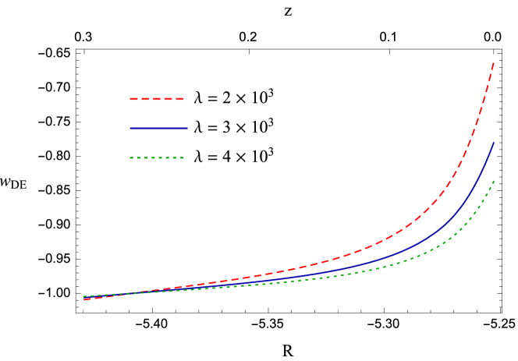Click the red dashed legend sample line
point(156,99)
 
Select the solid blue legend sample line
point(158,128)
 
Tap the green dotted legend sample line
point(156,157)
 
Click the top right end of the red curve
point(494,62)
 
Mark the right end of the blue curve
point(494,143)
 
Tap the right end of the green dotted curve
point(494,181)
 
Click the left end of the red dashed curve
point(84,299)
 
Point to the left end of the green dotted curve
point(84,296)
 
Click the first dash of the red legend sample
point(133,99)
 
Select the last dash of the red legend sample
point(179,99)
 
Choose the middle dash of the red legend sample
point(156,99)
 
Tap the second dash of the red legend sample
point(145,99)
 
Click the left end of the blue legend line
point(130,128)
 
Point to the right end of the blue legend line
point(186,128)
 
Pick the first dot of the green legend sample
point(131,157)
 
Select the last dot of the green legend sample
point(181,157)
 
